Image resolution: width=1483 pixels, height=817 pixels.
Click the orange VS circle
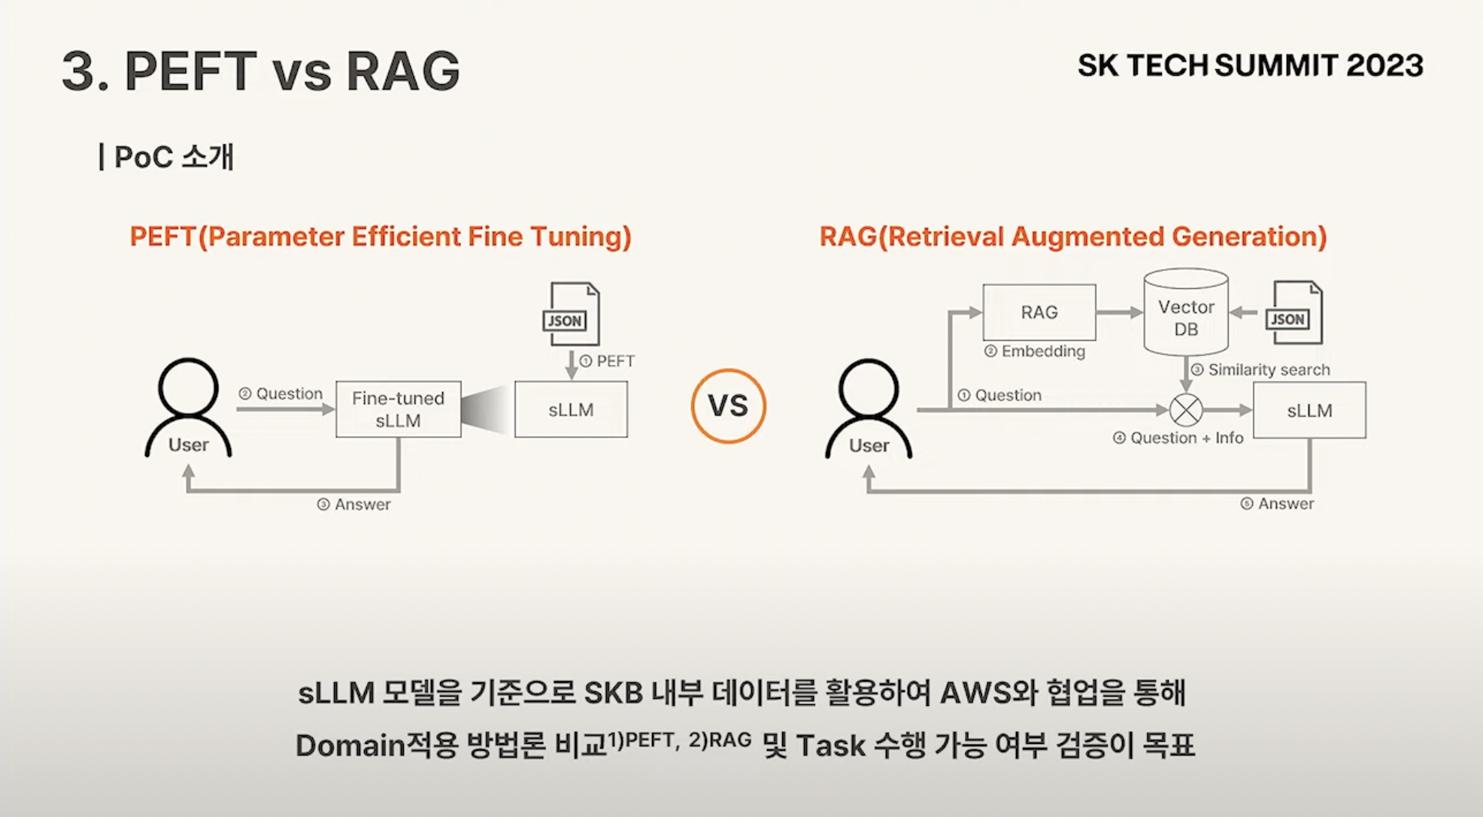pyautogui.click(x=728, y=406)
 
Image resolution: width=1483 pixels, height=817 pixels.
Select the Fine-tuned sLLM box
pyautogui.click(x=398, y=409)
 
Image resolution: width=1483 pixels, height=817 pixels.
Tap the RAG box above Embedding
pyautogui.click(x=1039, y=312)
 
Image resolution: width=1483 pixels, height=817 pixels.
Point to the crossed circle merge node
pyautogui.click(x=1185, y=410)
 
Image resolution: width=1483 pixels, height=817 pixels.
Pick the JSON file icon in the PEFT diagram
pyautogui.click(x=572, y=314)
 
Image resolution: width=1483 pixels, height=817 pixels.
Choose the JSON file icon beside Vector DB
pyautogui.click(x=1293, y=313)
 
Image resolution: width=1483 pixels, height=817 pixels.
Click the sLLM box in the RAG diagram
pyautogui.click(x=1309, y=410)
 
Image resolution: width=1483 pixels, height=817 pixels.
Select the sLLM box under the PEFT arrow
pyautogui.click(x=571, y=409)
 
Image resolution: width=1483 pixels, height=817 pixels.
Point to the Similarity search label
pyautogui.click(x=1268, y=369)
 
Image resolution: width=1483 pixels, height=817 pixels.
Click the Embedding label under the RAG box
pyautogui.click(x=1042, y=351)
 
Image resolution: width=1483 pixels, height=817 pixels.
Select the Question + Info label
pyautogui.click(x=1186, y=438)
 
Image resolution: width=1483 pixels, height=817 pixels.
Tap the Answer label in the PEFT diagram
pyautogui.click(x=362, y=504)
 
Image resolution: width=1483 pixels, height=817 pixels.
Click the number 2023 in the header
pyautogui.click(x=1384, y=65)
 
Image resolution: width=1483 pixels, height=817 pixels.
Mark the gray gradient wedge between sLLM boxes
pyautogui.click(x=486, y=410)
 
